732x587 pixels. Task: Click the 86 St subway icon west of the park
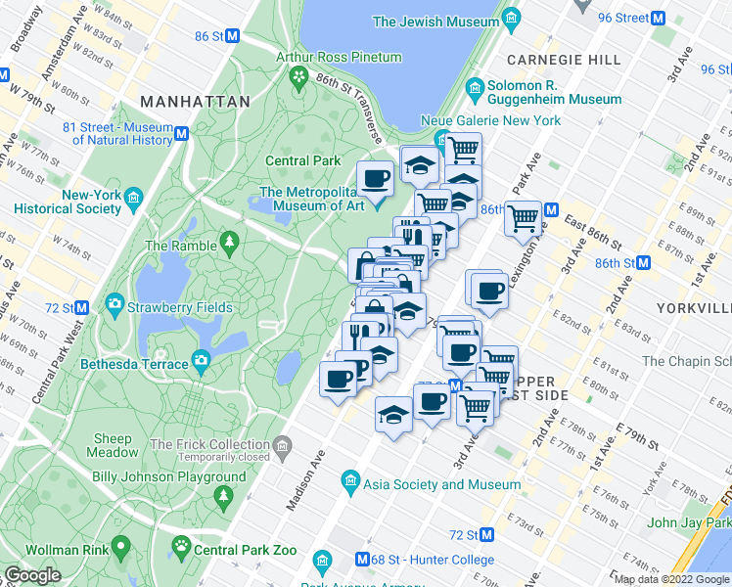[x=233, y=36]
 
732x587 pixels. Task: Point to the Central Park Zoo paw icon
[x=180, y=549]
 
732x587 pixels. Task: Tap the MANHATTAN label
[x=184, y=101]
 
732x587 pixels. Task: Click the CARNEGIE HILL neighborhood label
[x=564, y=60]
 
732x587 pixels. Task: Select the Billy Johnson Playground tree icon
[x=223, y=497]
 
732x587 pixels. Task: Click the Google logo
[x=33, y=574]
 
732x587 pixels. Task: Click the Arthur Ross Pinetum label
[x=339, y=58]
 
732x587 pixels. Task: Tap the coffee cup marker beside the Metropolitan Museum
[x=375, y=179]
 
